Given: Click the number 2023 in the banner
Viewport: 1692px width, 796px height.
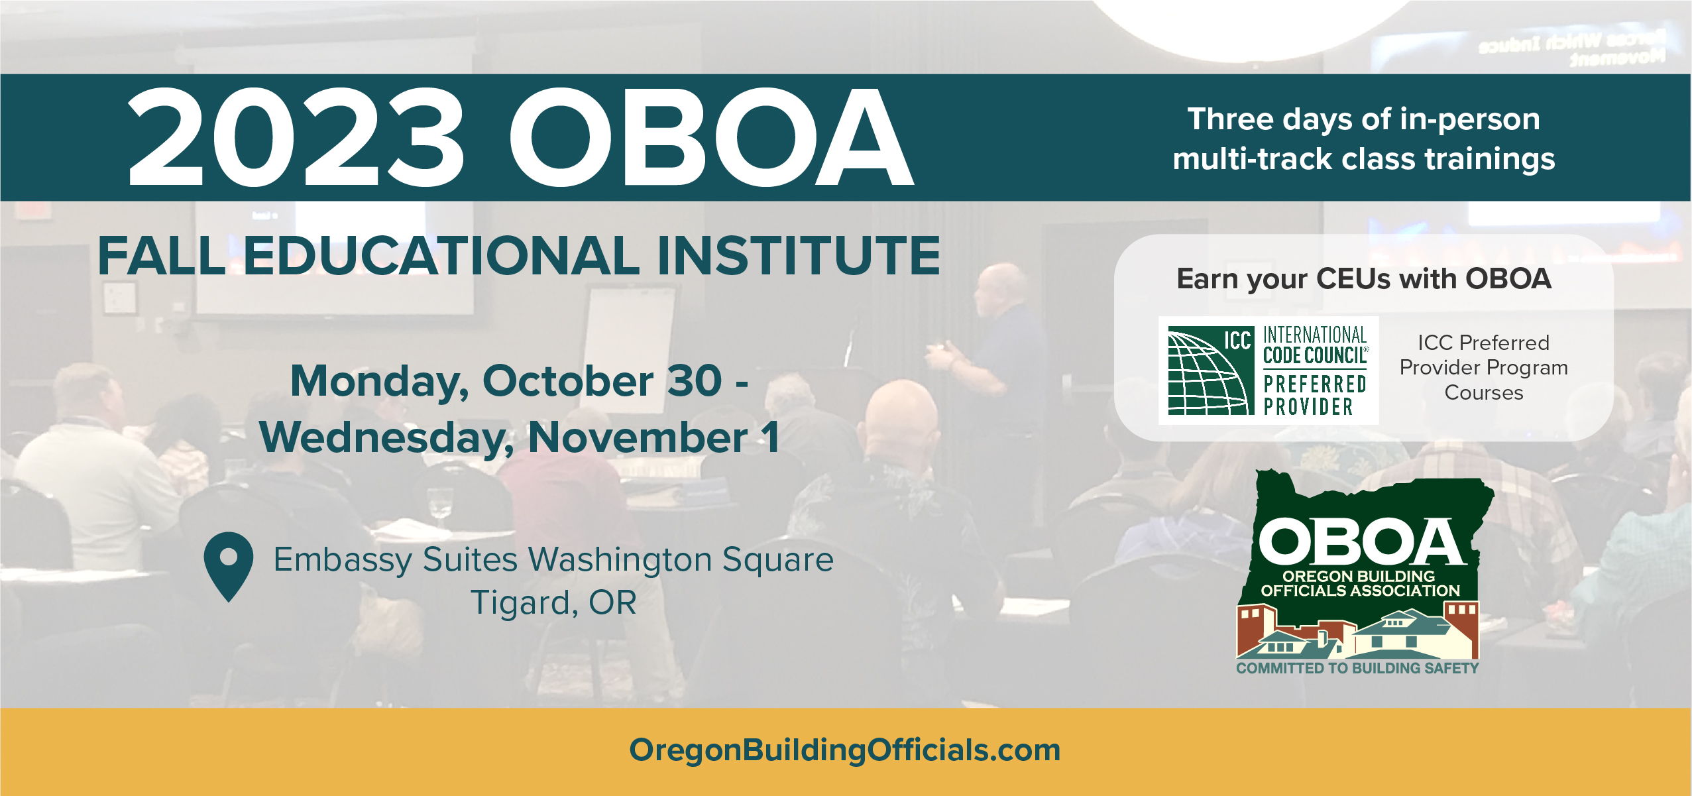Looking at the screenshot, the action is pos(296,137).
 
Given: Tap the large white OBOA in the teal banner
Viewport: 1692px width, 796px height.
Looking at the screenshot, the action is pos(711,137).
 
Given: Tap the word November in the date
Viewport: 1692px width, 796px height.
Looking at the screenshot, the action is pos(638,437).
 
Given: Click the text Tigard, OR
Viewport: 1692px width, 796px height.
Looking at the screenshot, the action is pos(553,602).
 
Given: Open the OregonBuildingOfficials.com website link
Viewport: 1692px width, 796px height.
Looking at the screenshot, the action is pos(845,750).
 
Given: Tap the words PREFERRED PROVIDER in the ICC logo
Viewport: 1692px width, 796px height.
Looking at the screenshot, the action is pos(1315,395).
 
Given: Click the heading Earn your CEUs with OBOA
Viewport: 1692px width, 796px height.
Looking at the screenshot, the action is pos(1364,278).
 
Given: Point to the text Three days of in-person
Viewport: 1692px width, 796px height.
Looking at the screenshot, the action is pos(1363,119).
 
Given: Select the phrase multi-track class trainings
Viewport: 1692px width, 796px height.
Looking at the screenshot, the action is pos(1363,159).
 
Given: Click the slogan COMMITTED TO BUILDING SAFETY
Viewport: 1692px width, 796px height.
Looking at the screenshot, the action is pos(1357,668).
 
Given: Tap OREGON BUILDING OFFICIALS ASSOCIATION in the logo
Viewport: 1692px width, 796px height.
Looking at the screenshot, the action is pos(1360,583).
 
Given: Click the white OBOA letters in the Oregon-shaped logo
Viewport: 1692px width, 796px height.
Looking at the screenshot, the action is pos(1363,541).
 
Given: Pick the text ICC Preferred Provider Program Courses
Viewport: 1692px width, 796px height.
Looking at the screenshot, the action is pos(1484,368).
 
